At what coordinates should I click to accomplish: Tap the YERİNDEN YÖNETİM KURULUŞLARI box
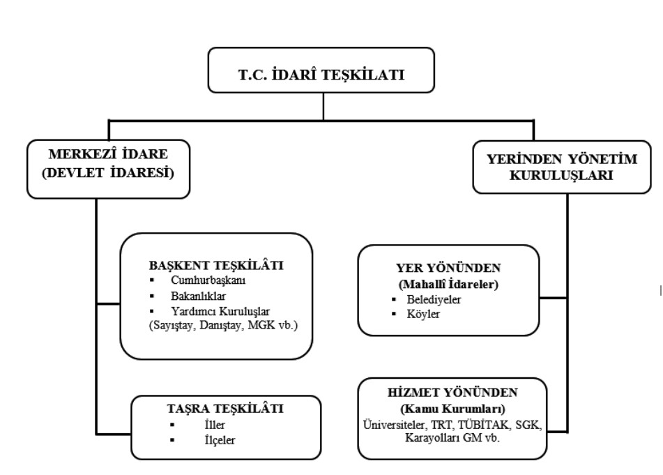[565, 167]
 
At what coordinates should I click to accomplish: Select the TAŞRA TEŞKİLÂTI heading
[226, 410]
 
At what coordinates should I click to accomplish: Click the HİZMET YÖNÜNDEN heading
[454, 393]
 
